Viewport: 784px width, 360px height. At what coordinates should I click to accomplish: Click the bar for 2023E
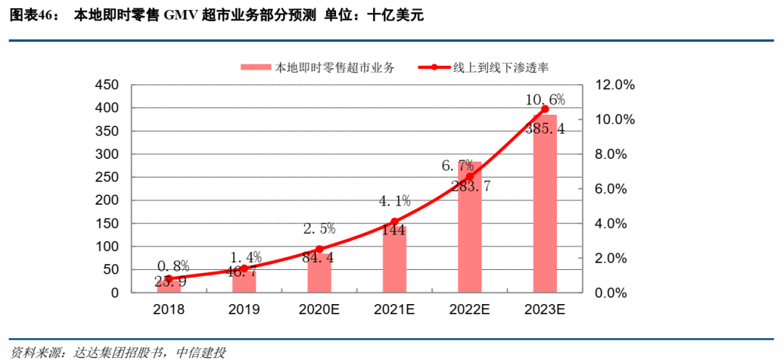[x=545, y=204]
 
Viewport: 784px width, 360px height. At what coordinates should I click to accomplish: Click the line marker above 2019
[x=244, y=269]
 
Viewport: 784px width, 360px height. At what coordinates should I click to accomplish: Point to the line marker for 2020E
[x=319, y=249]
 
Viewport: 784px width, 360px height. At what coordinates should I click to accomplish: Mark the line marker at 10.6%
[x=545, y=109]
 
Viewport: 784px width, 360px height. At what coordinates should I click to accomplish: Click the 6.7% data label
[x=457, y=165]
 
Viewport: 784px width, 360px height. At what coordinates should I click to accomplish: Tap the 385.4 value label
[x=545, y=129]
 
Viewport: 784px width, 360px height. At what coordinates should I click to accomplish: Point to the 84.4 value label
[x=319, y=258]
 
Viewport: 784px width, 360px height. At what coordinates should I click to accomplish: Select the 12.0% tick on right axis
[x=614, y=85]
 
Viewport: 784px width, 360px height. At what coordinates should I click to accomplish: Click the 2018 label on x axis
[x=168, y=309]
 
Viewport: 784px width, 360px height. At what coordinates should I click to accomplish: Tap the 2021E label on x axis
[x=394, y=309]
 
